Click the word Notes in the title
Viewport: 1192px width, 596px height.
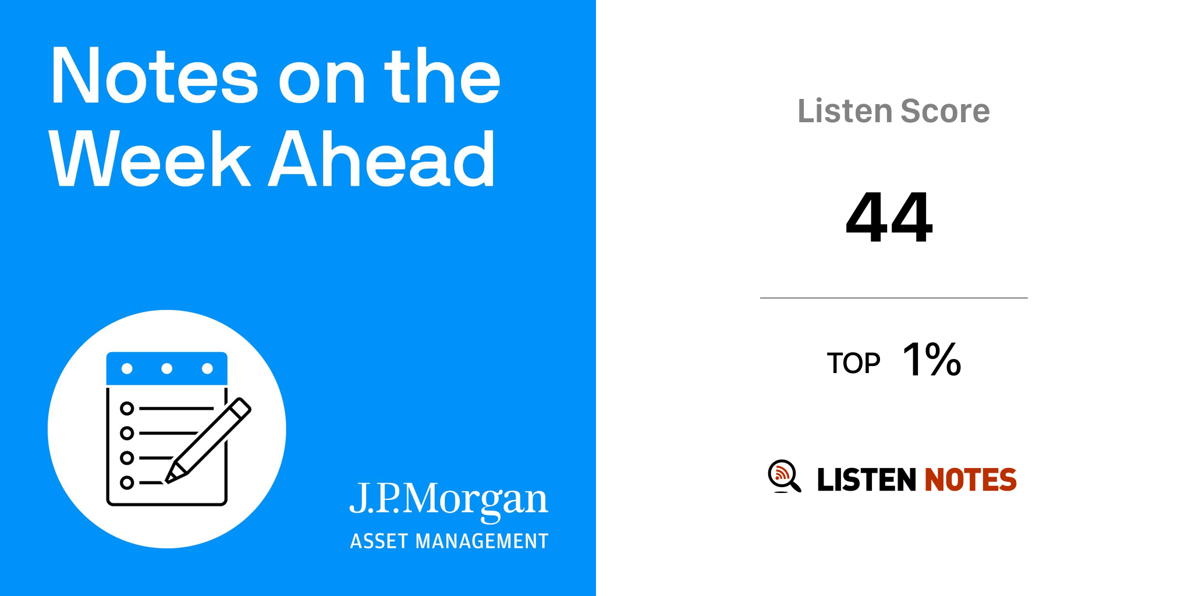pos(154,76)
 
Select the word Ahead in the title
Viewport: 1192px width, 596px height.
pos(382,158)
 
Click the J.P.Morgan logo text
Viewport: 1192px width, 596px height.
pos(449,501)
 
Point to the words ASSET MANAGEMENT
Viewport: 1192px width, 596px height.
pos(449,541)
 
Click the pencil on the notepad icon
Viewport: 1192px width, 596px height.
pos(208,441)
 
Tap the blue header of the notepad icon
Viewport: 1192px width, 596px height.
pos(167,368)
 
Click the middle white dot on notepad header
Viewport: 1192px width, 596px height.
pos(167,368)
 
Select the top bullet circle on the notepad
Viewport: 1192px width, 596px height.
pos(127,409)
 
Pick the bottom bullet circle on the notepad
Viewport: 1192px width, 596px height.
pos(127,483)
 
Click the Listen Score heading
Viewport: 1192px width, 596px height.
pos(893,111)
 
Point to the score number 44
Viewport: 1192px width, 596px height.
pos(889,217)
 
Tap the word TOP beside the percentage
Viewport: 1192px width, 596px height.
pos(853,363)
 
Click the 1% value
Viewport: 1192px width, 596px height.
pos(932,359)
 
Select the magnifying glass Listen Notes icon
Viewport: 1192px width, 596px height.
pos(784,476)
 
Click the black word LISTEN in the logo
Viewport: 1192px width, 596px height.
pos(867,480)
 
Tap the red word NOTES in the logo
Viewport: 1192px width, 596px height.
pos(971,480)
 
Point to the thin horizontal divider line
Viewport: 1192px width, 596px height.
pos(894,298)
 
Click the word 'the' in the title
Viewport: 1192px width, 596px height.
pos(442,76)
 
